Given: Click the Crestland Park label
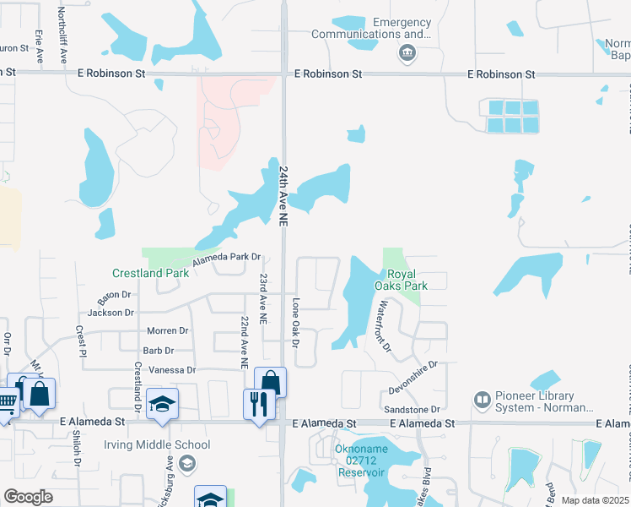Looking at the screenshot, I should (151, 273).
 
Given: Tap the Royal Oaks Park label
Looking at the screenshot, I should (407, 280).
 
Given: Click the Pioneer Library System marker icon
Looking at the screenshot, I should (483, 398).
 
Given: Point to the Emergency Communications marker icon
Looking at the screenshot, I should (407, 54).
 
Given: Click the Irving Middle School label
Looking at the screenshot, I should (157, 444).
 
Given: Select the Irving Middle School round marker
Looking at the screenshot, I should (187, 462).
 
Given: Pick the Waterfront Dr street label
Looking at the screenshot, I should (384, 325).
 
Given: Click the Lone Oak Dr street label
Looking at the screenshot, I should (295, 323).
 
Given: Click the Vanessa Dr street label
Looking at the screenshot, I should (171, 370).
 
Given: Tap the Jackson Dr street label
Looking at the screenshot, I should (111, 313).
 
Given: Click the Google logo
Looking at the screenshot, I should (28, 496).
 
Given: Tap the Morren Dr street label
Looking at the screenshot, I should (167, 330).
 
